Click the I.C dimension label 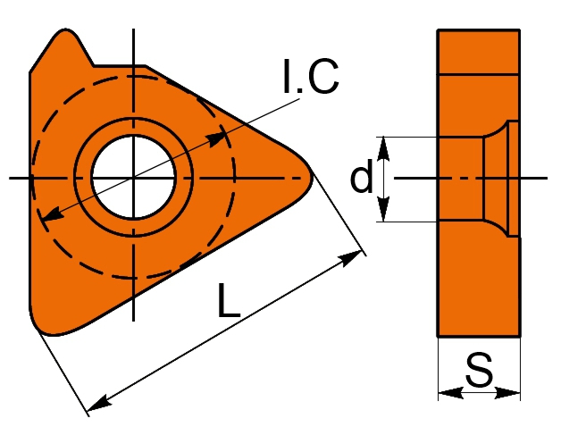click(x=310, y=79)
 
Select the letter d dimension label click(x=361, y=179)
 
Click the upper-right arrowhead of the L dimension click(x=356, y=258)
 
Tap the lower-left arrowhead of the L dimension click(x=99, y=403)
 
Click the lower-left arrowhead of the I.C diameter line click(x=51, y=214)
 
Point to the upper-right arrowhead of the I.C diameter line click(x=217, y=138)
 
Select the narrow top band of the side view click(x=478, y=51)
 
